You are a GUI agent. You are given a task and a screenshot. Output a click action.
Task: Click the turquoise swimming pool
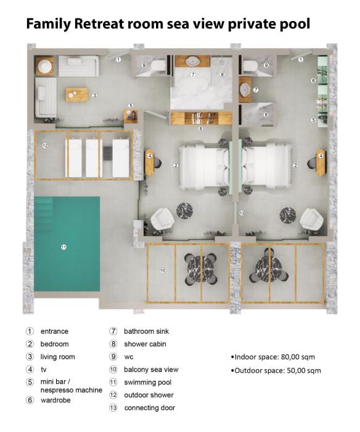[x=67, y=244]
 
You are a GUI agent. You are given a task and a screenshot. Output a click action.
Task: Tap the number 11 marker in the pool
[x=64, y=247]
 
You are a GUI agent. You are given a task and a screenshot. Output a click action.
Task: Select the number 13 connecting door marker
[x=242, y=213]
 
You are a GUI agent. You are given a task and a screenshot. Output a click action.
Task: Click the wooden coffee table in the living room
[x=77, y=95]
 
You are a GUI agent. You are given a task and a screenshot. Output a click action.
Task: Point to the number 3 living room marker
[x=94, y=96]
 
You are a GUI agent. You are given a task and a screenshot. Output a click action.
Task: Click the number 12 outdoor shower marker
[x=45, y=145]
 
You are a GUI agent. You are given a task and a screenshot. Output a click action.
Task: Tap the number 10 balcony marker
[x=162, y=270]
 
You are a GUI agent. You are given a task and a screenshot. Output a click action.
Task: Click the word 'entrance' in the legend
[x=54, y=331]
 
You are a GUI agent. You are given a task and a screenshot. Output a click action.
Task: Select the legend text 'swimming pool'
[x=148, y=383]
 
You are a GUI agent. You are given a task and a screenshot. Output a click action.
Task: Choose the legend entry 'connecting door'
[x=150, y=408]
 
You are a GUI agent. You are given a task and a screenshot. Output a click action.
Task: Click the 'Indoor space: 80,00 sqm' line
[x=273, y=357]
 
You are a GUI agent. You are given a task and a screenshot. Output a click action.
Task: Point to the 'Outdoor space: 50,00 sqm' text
[x=276, y=370]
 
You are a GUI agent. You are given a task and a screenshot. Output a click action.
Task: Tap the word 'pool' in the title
[x=295, y=24]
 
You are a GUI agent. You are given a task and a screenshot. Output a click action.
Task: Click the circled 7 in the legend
[x=113, y=331]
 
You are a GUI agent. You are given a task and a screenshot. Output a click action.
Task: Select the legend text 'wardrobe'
[x=55, y=400]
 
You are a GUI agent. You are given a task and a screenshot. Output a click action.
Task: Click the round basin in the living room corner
[x=44, y=66]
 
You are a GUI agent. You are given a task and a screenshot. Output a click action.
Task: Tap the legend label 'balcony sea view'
[x=151, y=370]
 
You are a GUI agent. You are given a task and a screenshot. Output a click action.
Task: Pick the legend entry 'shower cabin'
[x=145, y=344]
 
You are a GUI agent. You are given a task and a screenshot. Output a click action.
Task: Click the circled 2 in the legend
[x=30, y=344]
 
